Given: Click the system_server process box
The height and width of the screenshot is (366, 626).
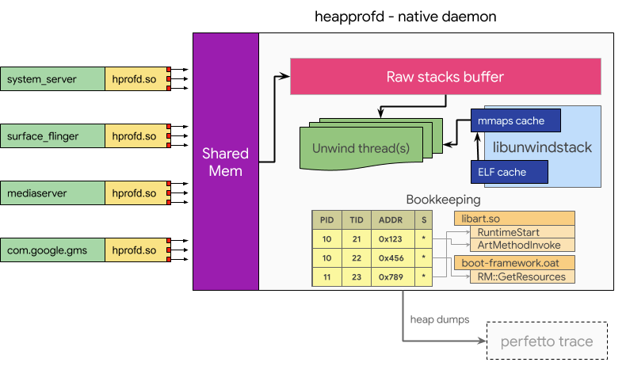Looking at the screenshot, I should tap(52, 79).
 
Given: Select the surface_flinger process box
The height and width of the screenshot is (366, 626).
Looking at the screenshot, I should tap(52, 136).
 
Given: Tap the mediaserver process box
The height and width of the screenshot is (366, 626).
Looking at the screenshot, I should tap(52, 193).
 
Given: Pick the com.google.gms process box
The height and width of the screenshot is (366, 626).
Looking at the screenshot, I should tap(52, 250).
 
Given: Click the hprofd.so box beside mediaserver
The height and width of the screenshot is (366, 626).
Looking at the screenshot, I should tap(136, 193).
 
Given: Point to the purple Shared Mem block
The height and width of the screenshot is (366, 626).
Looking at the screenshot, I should tap(225, 162).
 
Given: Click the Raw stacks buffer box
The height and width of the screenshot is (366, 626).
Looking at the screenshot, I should tap(445, 77).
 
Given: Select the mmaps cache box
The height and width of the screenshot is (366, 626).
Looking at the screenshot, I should tap(515, 121).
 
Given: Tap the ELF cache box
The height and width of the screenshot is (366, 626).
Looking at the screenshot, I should tap(507, 171).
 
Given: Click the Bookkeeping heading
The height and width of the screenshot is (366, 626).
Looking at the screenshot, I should tap(443, 200).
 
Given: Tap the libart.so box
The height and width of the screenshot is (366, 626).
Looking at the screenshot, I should tap(513, 217).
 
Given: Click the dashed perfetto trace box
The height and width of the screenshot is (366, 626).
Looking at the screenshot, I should tap(546, 342).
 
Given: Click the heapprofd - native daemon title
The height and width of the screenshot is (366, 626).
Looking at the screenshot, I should tap(404, 16).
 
